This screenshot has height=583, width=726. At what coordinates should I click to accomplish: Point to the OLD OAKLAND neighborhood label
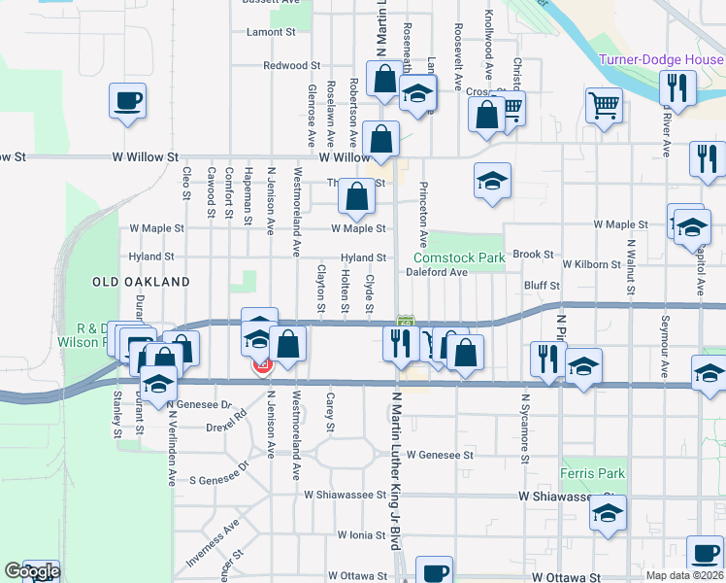pos(141,281)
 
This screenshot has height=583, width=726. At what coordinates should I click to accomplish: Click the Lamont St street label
pos(271,32)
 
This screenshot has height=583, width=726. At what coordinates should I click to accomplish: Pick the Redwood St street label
pos(291,66)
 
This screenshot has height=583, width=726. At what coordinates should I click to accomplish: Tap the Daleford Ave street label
pos(437,273)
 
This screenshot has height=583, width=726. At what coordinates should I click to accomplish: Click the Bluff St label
pos(542,286)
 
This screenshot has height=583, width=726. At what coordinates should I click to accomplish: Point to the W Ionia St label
pos(363,535)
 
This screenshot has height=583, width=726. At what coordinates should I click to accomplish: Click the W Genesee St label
pos(440,454)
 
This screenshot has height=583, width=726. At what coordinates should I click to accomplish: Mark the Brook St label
pos(533,254)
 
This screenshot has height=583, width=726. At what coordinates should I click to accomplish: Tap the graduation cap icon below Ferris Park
pos(609,513)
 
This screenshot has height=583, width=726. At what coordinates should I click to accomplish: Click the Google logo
pos(32,572)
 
